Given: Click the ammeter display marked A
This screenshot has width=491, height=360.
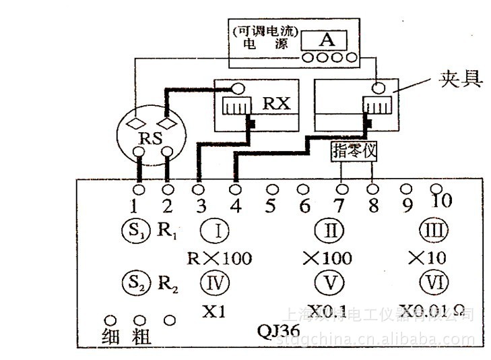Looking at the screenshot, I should [x=327, y=40].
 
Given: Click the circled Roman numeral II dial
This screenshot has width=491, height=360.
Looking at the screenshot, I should [x=329, y=231].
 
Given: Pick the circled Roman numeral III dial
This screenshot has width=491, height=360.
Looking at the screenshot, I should [x=429, y=231].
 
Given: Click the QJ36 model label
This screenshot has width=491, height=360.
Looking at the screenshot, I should [x=279, y=332].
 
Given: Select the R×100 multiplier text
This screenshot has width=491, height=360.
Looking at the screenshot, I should [x=217, y=257].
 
